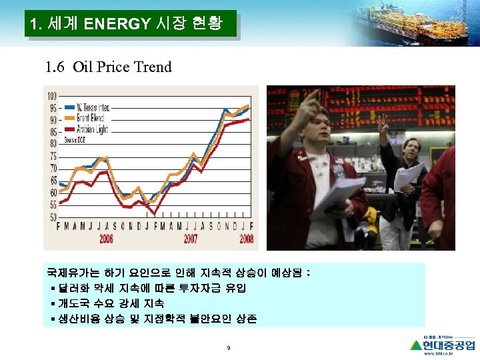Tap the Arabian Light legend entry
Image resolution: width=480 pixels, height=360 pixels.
pyautogui.click(x=91, y=129)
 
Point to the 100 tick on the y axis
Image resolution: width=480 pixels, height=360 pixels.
pyautogui.click(x=52, y=97)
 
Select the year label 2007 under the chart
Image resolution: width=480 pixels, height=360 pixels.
pyautogui.click(x=190, y=239)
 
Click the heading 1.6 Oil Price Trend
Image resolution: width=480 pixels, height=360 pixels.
pyautogui.click(x=108, y=67)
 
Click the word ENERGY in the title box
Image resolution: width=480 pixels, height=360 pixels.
pyautogui.click(x=117, y=25)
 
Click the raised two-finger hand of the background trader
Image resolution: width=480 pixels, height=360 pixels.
pyautogui.click(x=383, y=124)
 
